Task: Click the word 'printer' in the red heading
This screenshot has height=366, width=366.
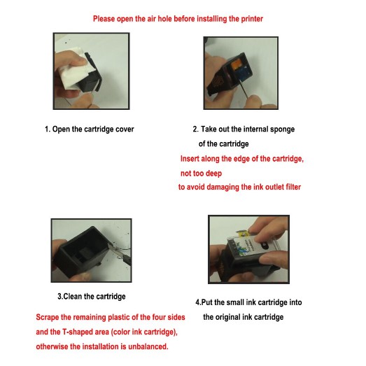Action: [252, 19]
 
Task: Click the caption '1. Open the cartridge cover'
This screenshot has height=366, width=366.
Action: [90, 129]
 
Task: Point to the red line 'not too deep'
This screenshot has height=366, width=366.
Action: [202, 174]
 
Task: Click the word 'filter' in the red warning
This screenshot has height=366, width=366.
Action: [293, 187]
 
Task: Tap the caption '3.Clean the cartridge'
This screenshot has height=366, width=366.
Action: [92, 297]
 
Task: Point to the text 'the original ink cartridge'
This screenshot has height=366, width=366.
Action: [244, 317]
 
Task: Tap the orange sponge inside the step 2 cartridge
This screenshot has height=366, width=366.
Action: [237, 64]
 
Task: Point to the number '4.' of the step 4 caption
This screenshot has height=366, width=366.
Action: [199, 302]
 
